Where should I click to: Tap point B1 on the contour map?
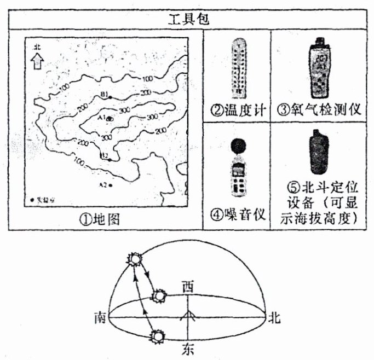(110, 97)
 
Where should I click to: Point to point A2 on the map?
(110, 185)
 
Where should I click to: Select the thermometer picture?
(237, 65)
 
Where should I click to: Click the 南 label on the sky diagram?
(100, 317)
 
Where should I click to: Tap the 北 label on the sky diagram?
(273, 317)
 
